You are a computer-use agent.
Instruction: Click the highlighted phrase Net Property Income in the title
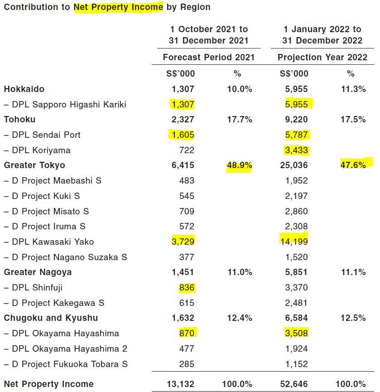[118, 7]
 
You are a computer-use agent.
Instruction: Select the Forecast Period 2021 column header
[208, 58]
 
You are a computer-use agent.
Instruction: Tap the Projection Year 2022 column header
[322, 58]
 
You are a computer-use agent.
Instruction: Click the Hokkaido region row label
[24, 89]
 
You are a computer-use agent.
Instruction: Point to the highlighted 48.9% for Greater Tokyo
[240, 165]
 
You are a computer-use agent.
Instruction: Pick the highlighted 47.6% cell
[353, 165]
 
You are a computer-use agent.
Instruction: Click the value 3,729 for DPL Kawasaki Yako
[183, 242]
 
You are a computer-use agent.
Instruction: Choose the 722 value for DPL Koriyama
[187, 150]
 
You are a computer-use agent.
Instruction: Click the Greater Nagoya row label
[38, 272]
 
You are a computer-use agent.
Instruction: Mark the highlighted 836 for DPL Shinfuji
[187, 287]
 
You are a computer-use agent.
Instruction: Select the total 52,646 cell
[294, 384]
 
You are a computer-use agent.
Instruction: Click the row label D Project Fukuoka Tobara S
[66, 364]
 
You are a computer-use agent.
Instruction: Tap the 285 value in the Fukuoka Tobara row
[187, 364]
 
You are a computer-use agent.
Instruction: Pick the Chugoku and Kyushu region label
[51, 318]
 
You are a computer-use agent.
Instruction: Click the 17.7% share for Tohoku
[240, 120]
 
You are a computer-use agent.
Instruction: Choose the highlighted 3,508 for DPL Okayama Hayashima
[296, 333]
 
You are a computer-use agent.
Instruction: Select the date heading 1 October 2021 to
[208, 29]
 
